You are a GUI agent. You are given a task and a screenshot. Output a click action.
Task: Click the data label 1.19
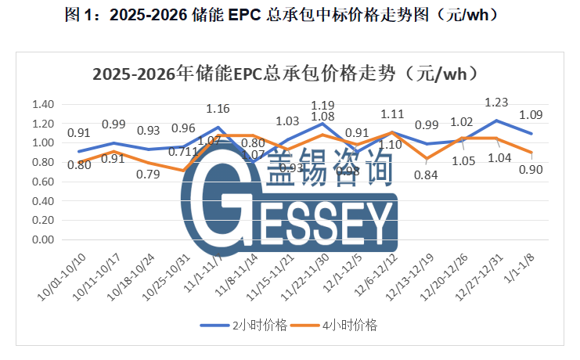point(323,104)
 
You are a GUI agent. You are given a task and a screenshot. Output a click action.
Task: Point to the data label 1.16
point(218,109)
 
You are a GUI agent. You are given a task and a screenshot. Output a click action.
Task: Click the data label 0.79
point(147,174)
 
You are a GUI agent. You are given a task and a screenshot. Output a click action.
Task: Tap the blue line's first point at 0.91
point(78,152)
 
